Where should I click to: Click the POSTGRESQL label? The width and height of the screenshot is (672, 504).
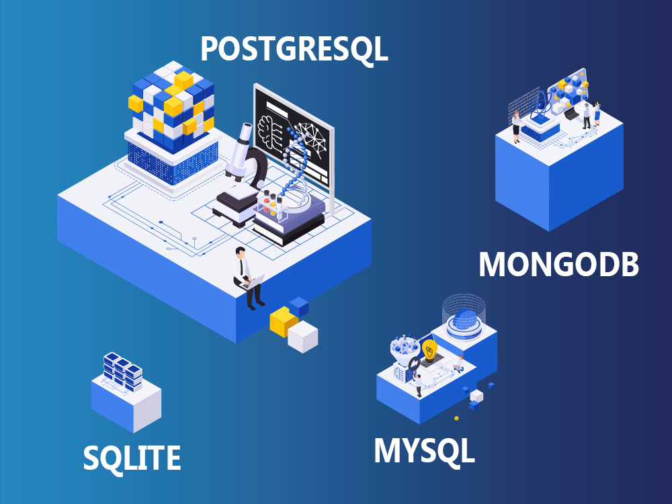tap(294, 50)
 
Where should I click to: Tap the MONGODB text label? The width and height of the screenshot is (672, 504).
tap(559, 264)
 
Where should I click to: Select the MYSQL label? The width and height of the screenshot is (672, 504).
tap(424, 451)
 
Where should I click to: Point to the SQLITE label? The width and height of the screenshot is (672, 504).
tap(132, 457)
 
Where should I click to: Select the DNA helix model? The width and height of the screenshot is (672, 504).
tap(296, 171)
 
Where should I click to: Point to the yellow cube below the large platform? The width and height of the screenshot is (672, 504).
tap(283, 321)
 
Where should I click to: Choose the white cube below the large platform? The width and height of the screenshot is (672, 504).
tap(302, 337)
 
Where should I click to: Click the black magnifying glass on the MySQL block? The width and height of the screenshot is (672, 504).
tap(413, 364)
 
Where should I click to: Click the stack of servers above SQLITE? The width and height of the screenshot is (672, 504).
tap(122, 371)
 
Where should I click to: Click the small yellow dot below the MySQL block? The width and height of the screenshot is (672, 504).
tap(456, 418)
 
